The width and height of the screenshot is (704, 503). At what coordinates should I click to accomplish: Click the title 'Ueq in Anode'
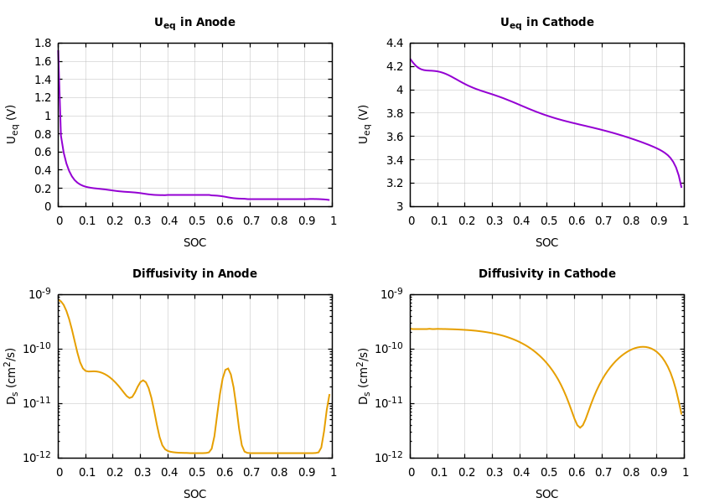(x=194, y=23)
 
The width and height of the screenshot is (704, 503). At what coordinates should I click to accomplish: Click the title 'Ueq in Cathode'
(x=546, y=23)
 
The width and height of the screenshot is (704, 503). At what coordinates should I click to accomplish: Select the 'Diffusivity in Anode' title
(x=194, y=274)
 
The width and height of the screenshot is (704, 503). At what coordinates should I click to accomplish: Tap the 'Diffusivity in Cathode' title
(x=546, y=274)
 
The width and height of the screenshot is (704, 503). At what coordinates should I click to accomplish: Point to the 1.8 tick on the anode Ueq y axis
(x=43, y=44)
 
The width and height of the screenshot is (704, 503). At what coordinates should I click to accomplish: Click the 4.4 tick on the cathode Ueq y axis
(x=395, y=44)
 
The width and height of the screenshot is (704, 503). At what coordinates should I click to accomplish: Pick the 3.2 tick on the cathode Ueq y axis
(x=395, y=184)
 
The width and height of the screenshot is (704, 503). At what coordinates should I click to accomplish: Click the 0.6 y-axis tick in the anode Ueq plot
(x=43, y=153)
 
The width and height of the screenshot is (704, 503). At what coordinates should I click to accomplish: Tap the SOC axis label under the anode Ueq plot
(x=194, y=243)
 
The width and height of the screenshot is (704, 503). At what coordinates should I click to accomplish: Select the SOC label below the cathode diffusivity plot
(x=546, y=495)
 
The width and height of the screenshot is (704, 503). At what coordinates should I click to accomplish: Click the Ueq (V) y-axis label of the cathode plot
(x=364, y=124)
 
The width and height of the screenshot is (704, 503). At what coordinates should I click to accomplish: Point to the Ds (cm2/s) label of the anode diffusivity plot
(x=12, y=376)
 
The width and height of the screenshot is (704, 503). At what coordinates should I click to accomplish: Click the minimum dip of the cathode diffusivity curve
(x=579, y=428)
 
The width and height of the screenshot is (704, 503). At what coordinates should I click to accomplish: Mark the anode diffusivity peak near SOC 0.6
(x=227, y=368)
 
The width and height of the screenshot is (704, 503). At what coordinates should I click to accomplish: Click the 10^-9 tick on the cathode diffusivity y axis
(x=392, y=294)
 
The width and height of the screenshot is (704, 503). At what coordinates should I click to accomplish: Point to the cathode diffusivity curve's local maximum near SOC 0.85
(x=642, y=346)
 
